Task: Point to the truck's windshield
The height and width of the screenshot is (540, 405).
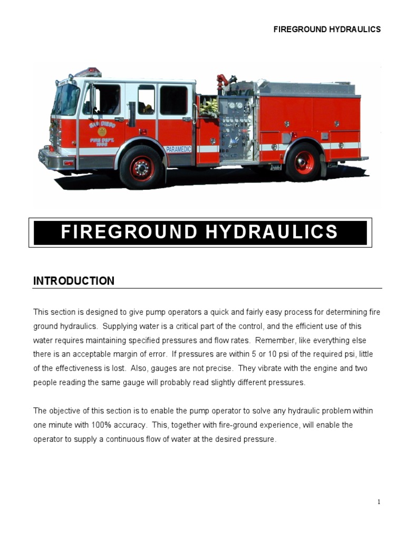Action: coord(65,99)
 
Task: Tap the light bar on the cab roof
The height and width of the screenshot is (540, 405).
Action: coord(88,72)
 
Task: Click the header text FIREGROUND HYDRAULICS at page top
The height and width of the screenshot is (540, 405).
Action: coord(326,30)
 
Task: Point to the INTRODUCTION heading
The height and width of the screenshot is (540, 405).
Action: coord(73,281)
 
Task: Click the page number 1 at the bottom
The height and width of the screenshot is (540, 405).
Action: coord(379,502)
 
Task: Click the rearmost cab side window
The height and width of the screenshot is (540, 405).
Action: coord(173,100)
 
